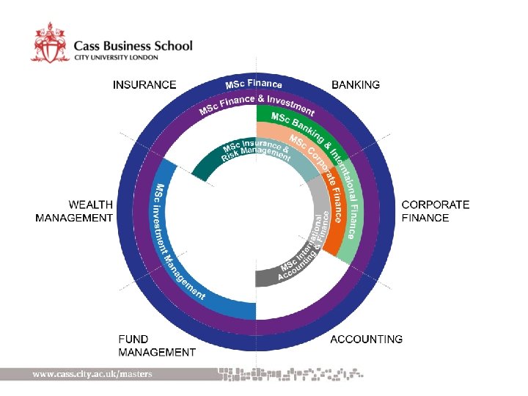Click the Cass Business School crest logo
click(x=51, y=42)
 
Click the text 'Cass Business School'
click(x=133, y=45)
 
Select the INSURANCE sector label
click(x=144, y=84)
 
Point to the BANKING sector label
click(x=356, y=84)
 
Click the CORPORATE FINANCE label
click(x=436, y=211)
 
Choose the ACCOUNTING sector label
click(x=366, y=339)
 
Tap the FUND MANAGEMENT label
click(x=156, y=345)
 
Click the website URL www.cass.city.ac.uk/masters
click(x=92, y=374)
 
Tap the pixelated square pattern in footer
click(x=293, y=374)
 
